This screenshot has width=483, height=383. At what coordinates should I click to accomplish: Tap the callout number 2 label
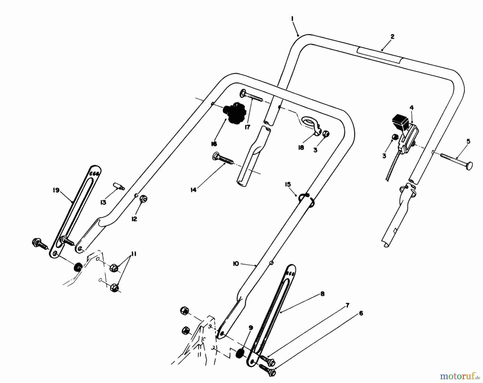point(392,37)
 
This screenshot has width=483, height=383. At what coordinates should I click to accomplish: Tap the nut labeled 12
point(144,199)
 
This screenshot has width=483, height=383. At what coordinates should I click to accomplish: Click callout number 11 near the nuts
point(133,254)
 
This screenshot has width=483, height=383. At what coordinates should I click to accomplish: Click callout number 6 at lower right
point(361,313)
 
